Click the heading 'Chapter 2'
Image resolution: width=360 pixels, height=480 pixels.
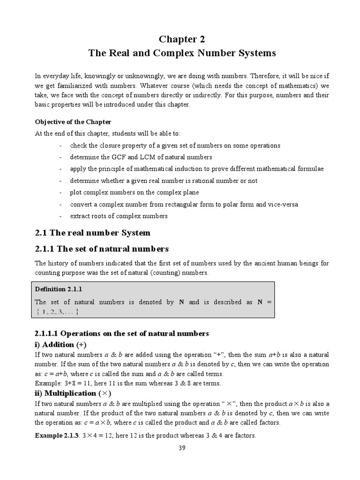182,38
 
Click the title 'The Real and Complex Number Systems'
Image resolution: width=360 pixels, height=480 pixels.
182,53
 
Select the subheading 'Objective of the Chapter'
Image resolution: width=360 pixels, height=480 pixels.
73,122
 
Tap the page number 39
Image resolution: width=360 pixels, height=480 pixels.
182,448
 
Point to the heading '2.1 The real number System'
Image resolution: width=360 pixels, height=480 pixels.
93,232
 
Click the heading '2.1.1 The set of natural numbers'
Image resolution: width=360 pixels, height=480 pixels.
102,248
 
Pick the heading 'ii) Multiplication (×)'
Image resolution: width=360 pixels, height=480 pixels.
73,393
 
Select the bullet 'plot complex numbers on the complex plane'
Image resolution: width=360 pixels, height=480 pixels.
134,192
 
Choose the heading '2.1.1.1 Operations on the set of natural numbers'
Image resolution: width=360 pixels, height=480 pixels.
121,333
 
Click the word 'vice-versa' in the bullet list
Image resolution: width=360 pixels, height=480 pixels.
284,204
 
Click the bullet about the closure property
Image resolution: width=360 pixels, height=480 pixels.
175,145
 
